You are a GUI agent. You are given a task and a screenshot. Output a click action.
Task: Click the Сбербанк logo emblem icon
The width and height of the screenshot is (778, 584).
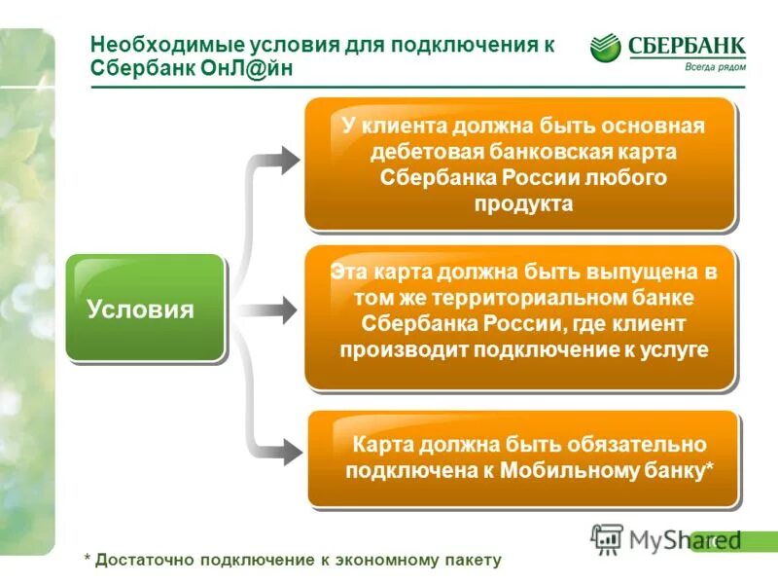(x=606, y=48)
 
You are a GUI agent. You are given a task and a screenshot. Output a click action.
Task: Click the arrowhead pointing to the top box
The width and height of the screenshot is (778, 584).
(x=289, y=159)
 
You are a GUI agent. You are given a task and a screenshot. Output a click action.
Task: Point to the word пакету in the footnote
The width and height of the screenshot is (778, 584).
(x=474, y=560)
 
